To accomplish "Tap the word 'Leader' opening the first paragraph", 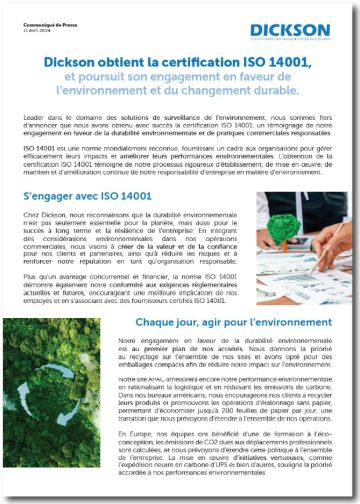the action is tap(33, 118).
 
